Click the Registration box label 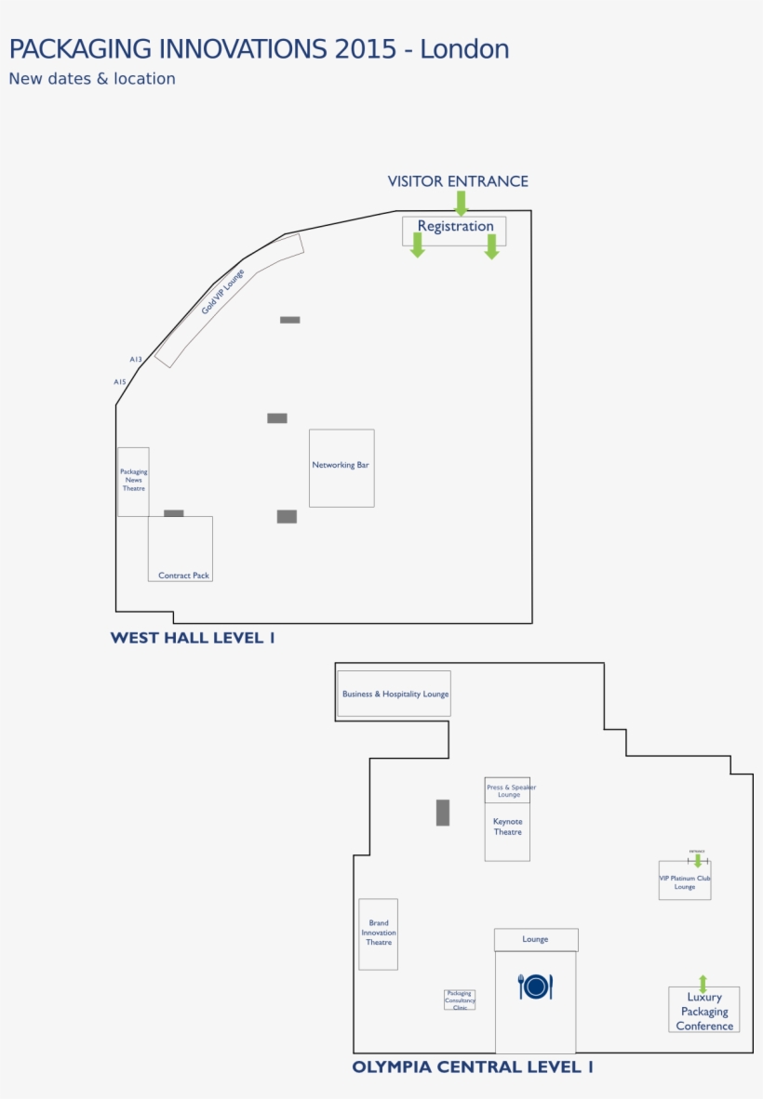click(x=455, y=226)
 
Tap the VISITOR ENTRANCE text click(x=458, y=181)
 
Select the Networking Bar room click(x=341, y=467)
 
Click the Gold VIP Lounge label click(x=223, y=291)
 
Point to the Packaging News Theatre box click(x=133, y=480)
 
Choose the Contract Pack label click(x=183, y=576)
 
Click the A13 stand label click(x=136, y=359)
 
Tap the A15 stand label click(x=120, y=382)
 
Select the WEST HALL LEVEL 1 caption click(x=193, y=638)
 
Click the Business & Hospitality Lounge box click(x=395, y=694)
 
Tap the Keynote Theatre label click(x=507, y=827)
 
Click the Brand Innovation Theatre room click(x=379, y=933)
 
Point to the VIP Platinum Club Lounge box click(x=685, y=881)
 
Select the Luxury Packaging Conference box click(x=704, y=1012)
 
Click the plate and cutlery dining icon click(x=535, y=986)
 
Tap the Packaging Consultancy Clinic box click(x=460, y=1000)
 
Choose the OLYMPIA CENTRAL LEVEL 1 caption click(x=473, y=1067)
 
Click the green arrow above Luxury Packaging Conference click(x=703, y=983)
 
